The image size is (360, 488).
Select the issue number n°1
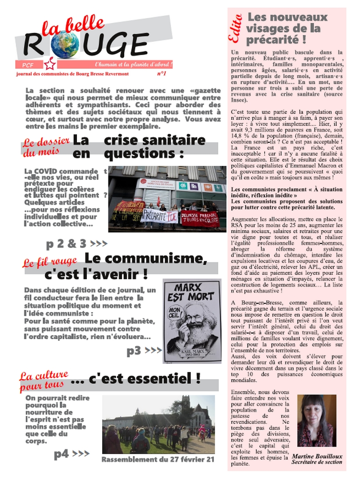click(162, 73)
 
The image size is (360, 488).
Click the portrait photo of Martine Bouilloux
click(317, 421)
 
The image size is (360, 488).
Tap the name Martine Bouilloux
click(317, 456)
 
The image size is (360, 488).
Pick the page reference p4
click(62, 455)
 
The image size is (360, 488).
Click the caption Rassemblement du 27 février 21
click(157, 460)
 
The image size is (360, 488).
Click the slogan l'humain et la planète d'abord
click(134, 64)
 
